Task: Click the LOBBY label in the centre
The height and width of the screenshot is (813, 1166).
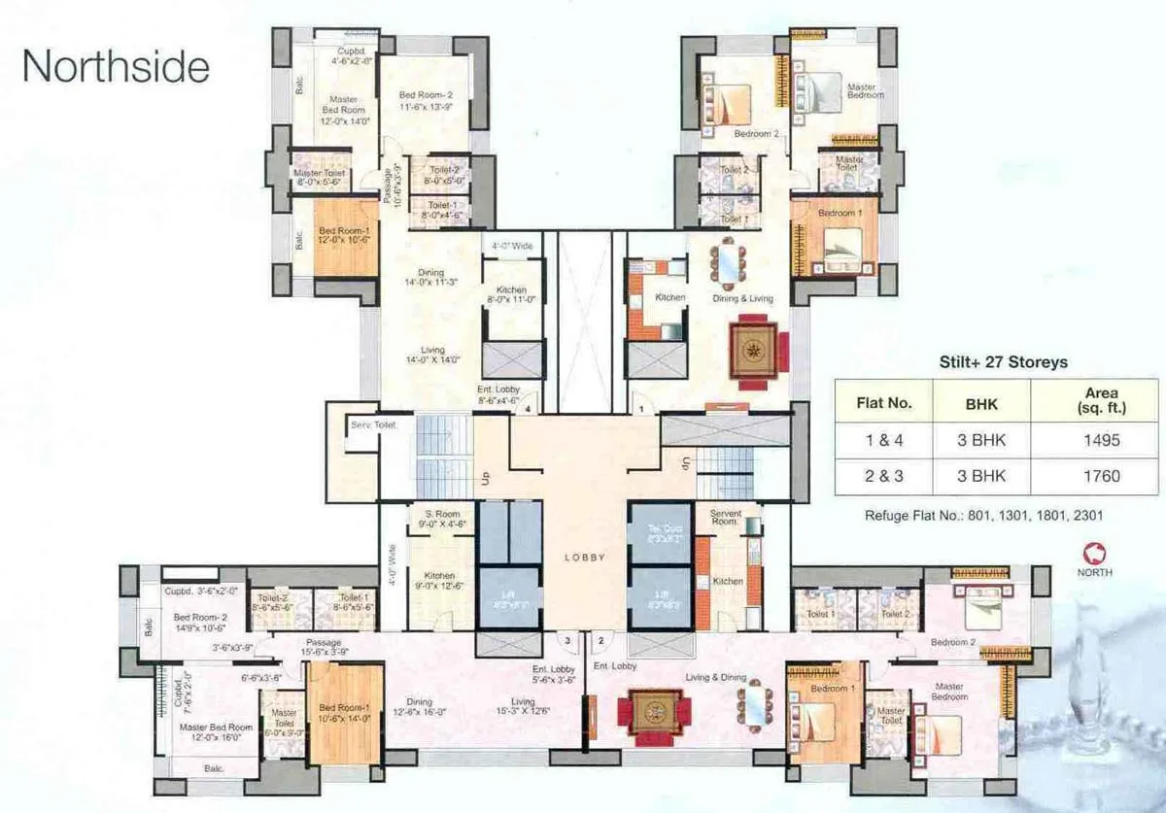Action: pyautogui.click(x=585, y=558)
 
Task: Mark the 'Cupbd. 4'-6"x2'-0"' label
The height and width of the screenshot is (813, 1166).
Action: pyautogui.click(x=350, y=55)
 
